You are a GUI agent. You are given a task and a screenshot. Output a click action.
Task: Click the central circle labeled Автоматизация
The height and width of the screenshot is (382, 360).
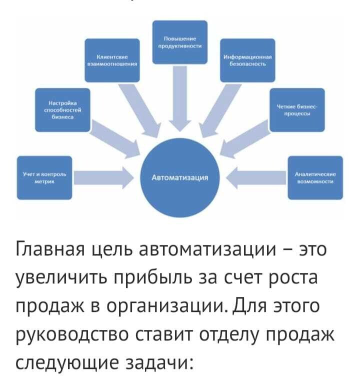179,177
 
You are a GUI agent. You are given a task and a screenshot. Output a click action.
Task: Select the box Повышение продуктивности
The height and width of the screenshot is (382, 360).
179,42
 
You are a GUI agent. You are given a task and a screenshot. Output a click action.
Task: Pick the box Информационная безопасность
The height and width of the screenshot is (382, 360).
247,60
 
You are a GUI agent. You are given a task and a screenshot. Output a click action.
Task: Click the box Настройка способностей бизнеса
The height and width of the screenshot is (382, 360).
59,110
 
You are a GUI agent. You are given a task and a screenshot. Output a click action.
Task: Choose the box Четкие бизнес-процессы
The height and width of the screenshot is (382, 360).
297,109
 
